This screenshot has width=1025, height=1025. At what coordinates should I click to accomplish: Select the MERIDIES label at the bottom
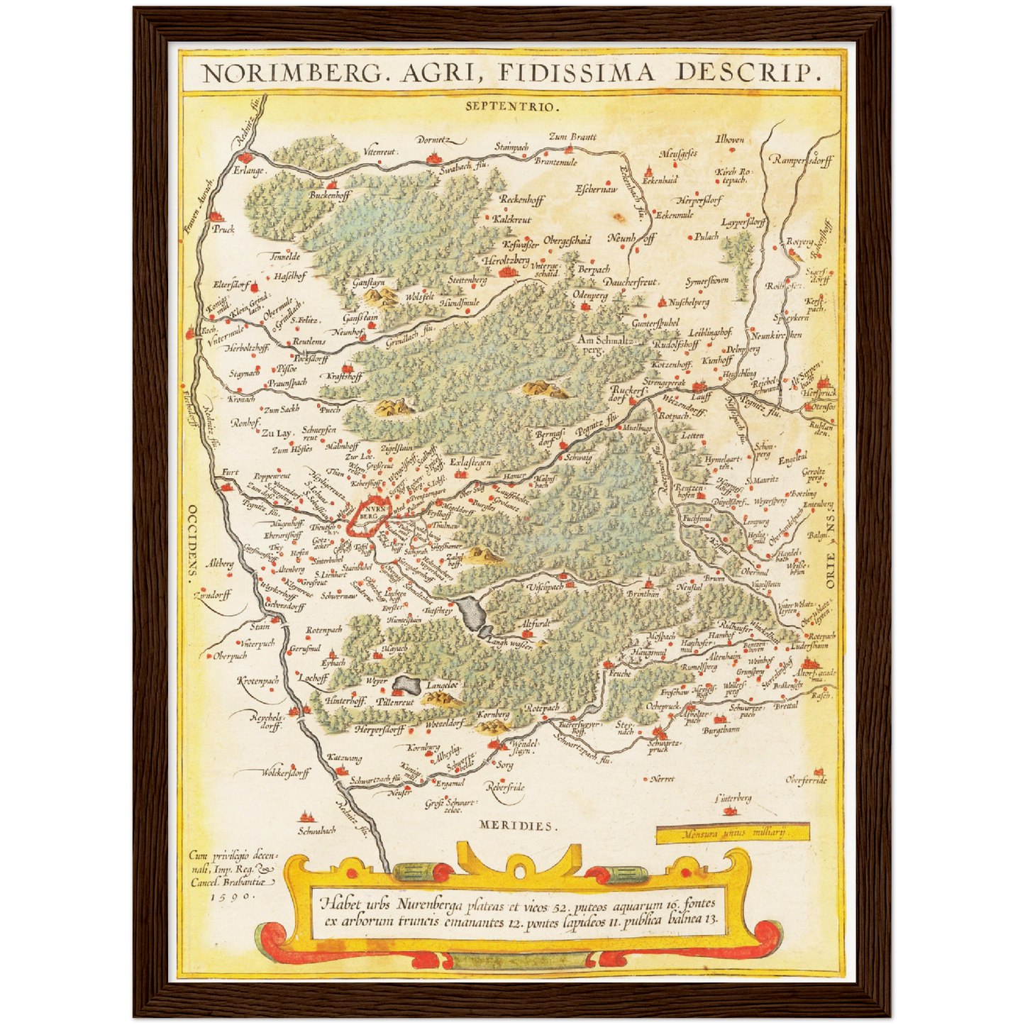pyautogui.click(x=518, y=826)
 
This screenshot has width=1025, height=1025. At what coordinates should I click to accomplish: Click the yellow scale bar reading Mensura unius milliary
pyautogui.click(x=732, y=833)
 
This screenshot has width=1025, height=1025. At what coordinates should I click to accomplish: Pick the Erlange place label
pyautogui.click(x=249, y=171)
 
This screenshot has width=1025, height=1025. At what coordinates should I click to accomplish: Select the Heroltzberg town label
pyautogui.click(x=506, y=261)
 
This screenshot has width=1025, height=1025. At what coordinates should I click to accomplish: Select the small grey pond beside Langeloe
pyautogui.click(x=406, y=685)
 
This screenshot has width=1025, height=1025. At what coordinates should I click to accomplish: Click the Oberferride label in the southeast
pyautogui.click(x=806, y=780)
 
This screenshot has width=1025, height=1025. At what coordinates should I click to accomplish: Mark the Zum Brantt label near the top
pyautogui.click(x=573, y=137)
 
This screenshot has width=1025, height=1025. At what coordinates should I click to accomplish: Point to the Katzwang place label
pyautogui.click(x=344, y=758)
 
